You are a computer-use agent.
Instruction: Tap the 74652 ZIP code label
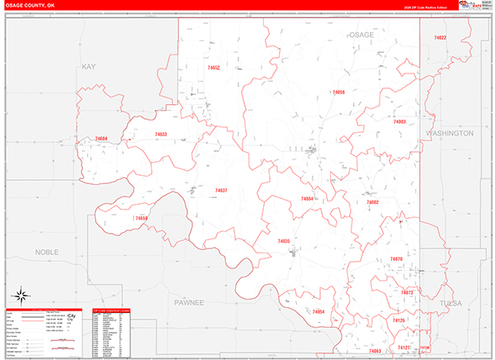coord(214,68)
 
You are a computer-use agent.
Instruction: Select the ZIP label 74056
coord(337,92)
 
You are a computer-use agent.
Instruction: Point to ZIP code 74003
coord(399,121)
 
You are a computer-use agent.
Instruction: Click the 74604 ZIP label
coord(101,139)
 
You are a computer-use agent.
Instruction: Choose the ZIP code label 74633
coord(160,135)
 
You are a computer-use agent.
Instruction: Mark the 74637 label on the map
coord(221,191)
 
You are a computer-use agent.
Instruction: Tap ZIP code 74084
coord(307,199)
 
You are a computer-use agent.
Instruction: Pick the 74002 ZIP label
coord(373,202)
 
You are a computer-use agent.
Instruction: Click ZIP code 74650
coord(140,218)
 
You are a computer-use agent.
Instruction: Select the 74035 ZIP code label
coord(283,241)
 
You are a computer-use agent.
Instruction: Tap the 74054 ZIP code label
coord(318,311)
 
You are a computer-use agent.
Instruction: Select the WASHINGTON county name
coord(450,133)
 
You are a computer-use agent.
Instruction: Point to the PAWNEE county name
coord(188,303)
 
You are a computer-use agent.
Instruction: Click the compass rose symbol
coord(21,296)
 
